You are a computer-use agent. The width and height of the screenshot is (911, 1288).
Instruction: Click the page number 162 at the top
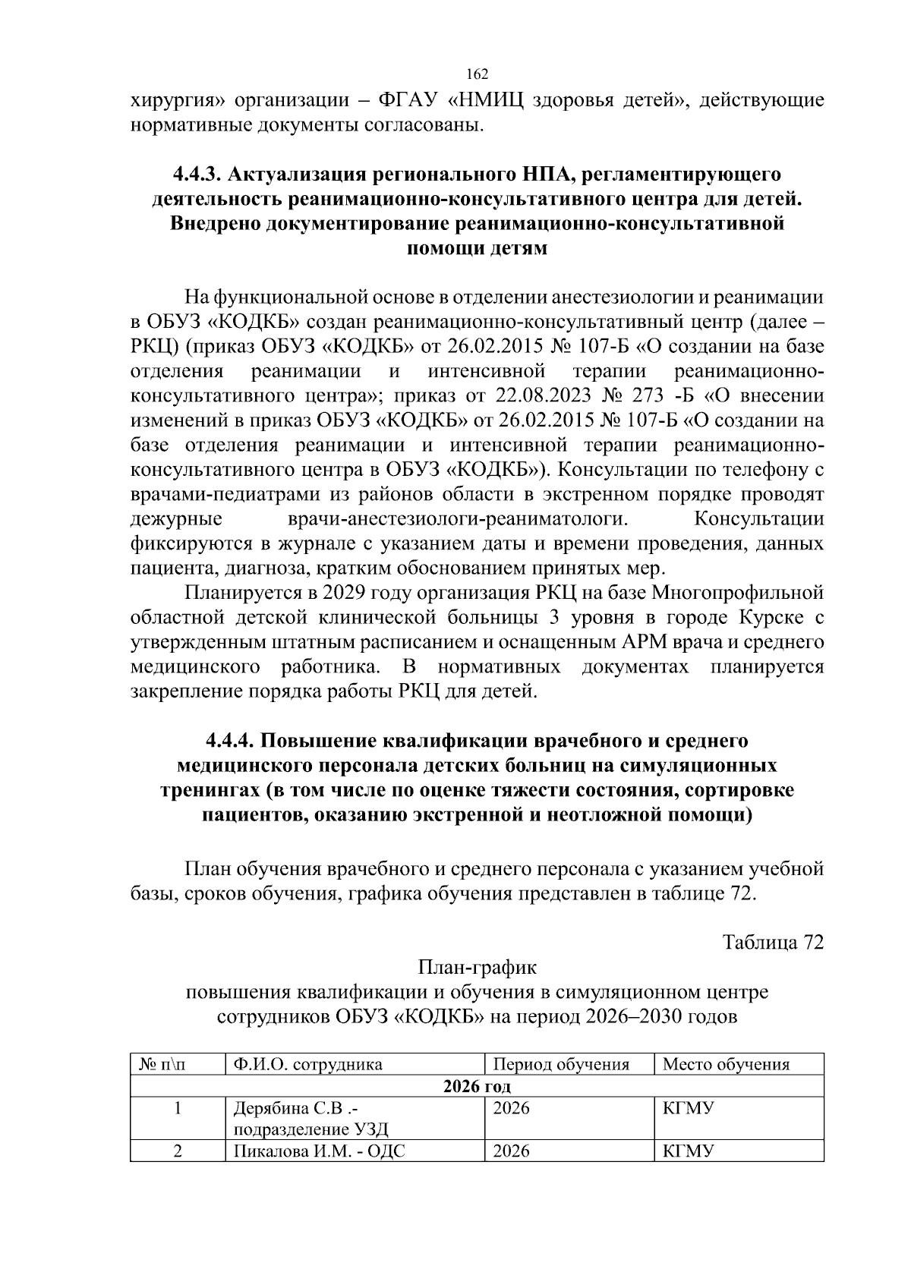pyautogui.click(x=477, y=74)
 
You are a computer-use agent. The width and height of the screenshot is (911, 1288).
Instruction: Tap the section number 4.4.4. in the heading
pyautogui.click(x=232, y=740)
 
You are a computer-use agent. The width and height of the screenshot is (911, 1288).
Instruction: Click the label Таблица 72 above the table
pyautogui.click(x=773, y=943)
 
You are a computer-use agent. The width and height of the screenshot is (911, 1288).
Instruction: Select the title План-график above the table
pyautogui.click(x=477, y=968)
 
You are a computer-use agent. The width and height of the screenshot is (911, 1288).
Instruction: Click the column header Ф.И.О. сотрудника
pyautogui.click(x=307, y=1064)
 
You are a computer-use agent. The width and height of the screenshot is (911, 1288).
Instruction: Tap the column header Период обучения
pyautogui.click(x=561, y=1064)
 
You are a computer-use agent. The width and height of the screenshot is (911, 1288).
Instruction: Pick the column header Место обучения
pyautogui.click(x=726, y=1064)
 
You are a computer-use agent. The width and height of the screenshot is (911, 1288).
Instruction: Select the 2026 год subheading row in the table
pyautogui.click(x=477, y=1086)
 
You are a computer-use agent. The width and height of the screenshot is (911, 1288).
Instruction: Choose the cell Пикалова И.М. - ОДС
pyautogui.click(x=319, y=1151)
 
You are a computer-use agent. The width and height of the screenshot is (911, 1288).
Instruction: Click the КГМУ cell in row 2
pyautogui.click(x=688, y=1151)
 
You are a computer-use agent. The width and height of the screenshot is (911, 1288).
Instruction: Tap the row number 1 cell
pyautogui.click(x=178, y=1108)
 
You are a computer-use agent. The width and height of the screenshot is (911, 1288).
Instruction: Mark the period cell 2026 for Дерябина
pyautogui.click(x=512, y=1108)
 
